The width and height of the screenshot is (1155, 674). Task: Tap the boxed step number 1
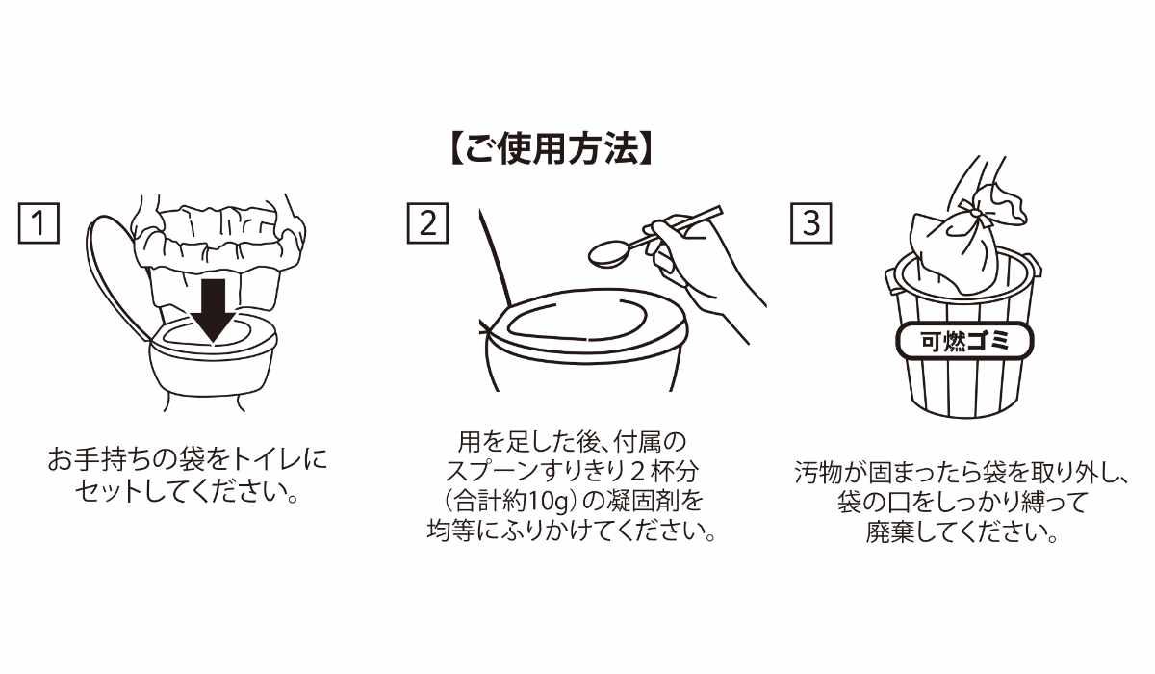tap(38, 222)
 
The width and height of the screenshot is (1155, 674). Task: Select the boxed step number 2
tap(427, 222)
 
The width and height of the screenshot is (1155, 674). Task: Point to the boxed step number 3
tap(811, 222)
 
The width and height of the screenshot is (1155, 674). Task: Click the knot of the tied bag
tap(974, 213)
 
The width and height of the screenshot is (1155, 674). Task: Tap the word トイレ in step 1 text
tap(268, 458)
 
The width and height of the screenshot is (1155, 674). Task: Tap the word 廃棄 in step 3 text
tap(890, 532)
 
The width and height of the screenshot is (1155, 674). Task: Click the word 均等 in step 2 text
tap(451, 531)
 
